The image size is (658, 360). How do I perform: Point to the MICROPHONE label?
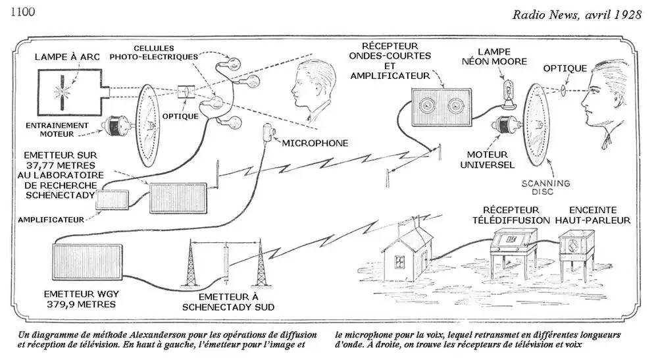point(315,143)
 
